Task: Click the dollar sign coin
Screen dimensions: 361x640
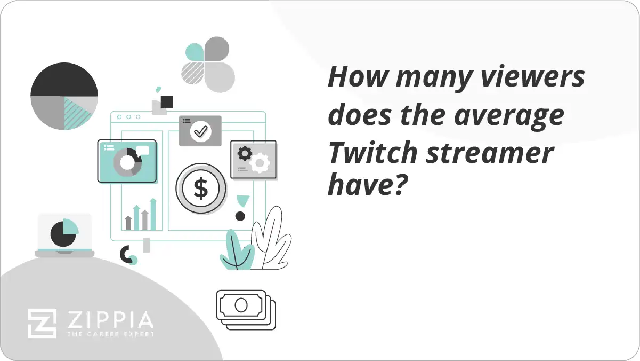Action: point(201,189)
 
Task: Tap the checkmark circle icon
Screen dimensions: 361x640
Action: point(200,131)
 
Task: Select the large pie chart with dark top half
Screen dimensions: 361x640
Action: point(64,97)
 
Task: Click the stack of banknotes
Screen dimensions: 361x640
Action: point(246,309)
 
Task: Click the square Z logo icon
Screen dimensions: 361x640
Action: point(42,324)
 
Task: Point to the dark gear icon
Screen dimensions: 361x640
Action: point(245,154)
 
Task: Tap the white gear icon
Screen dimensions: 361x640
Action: point(260,162)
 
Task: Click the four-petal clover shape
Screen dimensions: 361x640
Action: point(208,64)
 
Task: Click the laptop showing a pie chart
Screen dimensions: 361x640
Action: point(64,235)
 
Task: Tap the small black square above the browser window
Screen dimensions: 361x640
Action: point(167,101)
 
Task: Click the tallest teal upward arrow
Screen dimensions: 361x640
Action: point(153,214)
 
